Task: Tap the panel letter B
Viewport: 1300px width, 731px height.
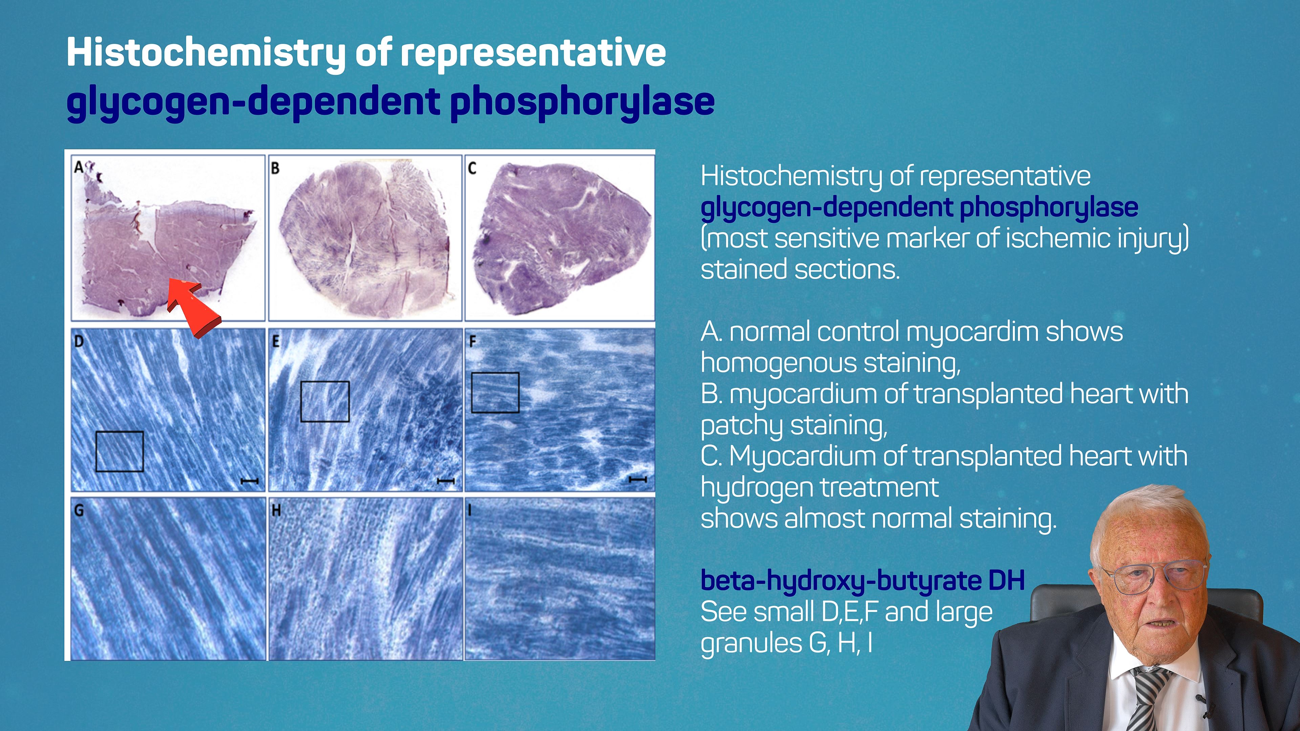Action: click(x=275, y=168)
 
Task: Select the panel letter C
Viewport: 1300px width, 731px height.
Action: click(x=472, y=168)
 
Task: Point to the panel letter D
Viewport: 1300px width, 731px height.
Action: click(x=79, y=341)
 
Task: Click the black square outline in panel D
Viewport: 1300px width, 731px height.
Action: click(x=120, y=432)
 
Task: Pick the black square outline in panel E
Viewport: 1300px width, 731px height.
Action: click(x=325, y=382)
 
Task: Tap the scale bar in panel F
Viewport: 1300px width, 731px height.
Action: click(x=638, y=479)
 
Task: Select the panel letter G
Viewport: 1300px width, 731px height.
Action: click(x=79, y=511)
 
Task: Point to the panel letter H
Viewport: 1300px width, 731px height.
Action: click(x=276, y=511)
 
